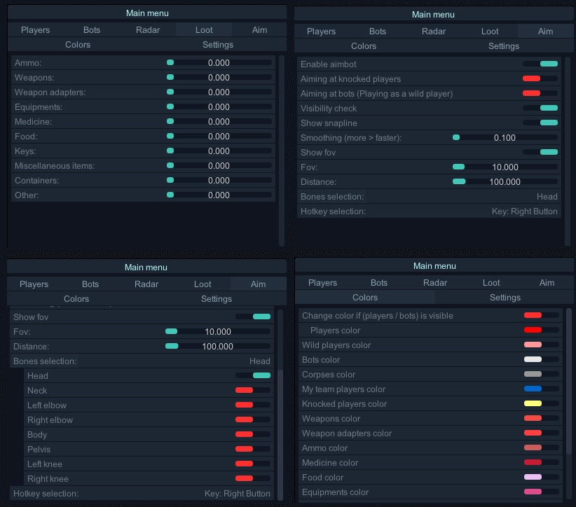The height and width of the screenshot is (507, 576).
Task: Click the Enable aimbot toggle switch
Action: (540, 64)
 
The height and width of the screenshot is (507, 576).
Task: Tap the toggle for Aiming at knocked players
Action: (540, 79)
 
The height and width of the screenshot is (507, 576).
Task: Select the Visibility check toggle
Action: (540, 108)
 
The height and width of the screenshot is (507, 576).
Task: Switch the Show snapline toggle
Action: (540, 123)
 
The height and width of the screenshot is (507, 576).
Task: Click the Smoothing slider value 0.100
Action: (505, 138)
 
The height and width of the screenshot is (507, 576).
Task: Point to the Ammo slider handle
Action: (170, 62)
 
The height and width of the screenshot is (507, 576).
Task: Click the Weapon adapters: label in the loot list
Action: (50, 92)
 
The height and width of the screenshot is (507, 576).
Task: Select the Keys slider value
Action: (219, 151)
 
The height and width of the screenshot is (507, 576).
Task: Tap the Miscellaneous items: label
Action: (55, 166)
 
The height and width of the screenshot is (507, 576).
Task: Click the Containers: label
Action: (37, 181)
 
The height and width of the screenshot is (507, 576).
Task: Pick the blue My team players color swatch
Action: (533, 389)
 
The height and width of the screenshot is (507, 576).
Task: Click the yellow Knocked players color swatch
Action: (533, 403)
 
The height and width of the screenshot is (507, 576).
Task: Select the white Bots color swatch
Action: (533, 359)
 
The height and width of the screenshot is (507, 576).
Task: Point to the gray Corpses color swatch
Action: (533, 374)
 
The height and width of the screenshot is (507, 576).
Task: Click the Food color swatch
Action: (533, 477)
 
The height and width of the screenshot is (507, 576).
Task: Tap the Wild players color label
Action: (336, 345)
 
